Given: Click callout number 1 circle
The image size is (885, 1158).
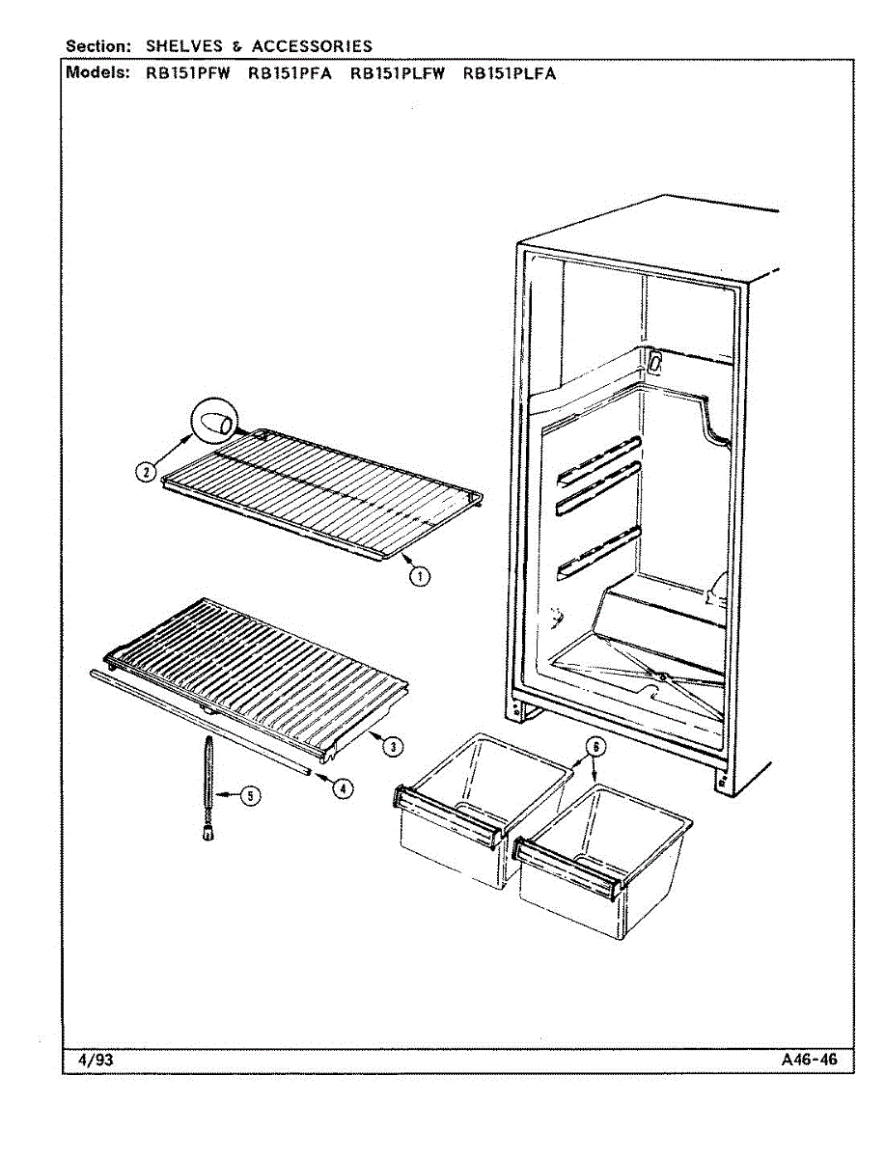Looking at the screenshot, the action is coord(420,576).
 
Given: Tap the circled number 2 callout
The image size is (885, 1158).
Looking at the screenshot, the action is coord(146,471).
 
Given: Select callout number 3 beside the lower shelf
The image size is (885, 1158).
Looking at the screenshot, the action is coord(393,747).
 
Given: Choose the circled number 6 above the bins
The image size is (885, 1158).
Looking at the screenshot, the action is coord(595,747).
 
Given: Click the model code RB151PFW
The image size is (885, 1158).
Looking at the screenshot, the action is coord(188,73).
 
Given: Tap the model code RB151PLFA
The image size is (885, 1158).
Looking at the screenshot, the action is coord(510,73).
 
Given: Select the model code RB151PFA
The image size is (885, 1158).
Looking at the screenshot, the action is coord(290,73).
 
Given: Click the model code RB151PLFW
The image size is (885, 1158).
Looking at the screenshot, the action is coord(398,73).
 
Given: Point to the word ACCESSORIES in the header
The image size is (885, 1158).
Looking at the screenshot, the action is coord(312,46).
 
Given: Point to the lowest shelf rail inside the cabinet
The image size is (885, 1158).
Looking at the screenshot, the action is coord(599,552).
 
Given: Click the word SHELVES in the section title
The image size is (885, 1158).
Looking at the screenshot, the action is coord(184,46).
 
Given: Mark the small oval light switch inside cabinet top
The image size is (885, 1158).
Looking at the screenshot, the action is coord(655,363).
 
